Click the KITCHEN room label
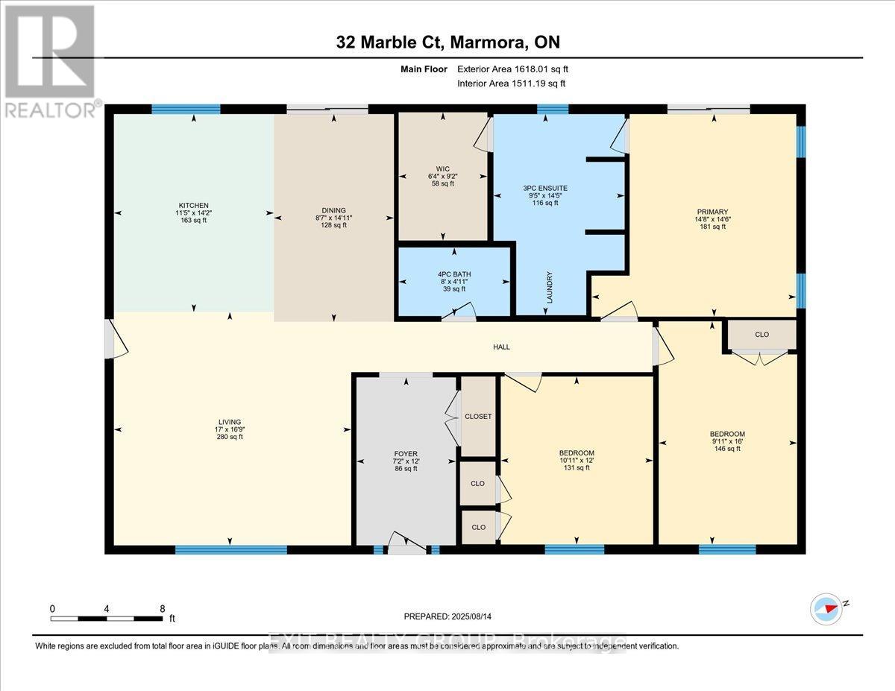193,205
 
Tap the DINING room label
333,210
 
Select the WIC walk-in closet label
442,168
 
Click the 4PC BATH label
454,274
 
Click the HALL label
501,347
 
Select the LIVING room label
230,422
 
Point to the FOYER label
406,453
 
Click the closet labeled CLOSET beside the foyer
478,416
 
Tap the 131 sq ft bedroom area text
577,468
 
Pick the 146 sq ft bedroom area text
726,449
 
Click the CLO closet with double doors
761,335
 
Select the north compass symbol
827,608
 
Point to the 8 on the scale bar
163,608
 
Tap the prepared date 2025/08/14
447,616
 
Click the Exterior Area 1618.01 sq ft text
517,69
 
